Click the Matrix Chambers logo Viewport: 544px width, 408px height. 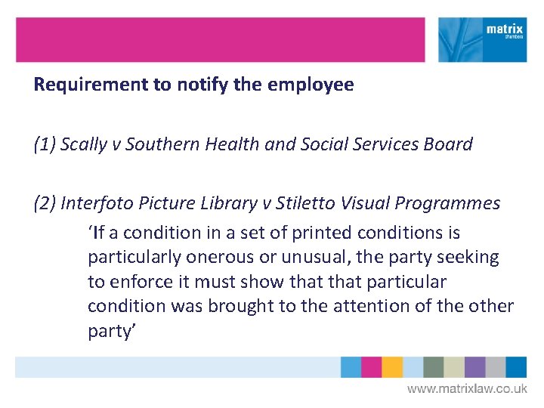click(483, 40)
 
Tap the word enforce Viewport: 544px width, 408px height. click(135, 282)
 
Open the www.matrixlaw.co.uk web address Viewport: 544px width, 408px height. click(467, 389)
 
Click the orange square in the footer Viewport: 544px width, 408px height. click(391, 367)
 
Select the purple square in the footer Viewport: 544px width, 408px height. click(474, 367)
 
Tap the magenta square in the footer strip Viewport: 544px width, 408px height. click(371, 367)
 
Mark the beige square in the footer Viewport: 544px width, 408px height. click(454, 367)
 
